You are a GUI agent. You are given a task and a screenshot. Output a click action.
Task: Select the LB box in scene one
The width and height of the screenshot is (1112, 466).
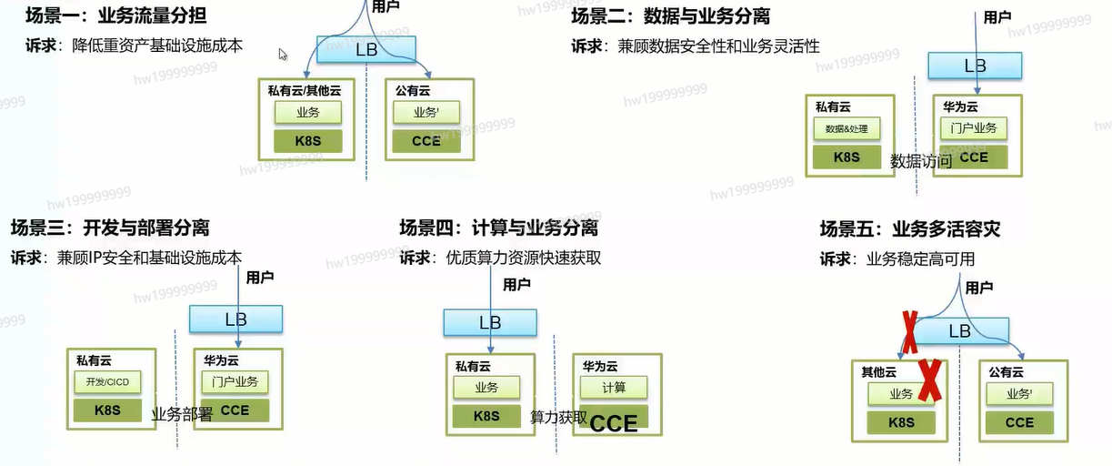366,49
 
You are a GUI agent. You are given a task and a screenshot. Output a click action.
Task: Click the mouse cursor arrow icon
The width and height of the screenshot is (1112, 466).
283,55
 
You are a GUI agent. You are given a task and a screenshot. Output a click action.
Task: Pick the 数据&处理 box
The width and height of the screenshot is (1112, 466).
846,129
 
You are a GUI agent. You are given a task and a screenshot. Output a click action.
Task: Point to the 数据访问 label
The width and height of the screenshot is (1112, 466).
921,162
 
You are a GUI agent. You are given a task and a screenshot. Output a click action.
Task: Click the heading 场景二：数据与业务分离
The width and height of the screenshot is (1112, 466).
671,16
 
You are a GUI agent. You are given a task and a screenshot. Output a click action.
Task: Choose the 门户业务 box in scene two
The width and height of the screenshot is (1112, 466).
974,128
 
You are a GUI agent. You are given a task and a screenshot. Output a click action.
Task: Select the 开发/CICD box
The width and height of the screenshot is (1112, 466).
107,382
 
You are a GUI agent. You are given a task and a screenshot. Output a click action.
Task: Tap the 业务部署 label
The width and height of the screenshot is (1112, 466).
182,414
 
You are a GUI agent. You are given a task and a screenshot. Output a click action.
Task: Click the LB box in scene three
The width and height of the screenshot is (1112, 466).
235,319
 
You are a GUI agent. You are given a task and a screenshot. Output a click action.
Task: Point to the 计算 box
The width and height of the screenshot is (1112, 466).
614,387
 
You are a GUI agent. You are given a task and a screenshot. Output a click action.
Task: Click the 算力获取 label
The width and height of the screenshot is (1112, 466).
558,418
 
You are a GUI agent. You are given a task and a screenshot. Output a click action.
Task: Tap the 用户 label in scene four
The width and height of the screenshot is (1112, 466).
516,285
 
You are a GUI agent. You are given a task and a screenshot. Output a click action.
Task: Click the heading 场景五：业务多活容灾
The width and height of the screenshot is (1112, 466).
909,229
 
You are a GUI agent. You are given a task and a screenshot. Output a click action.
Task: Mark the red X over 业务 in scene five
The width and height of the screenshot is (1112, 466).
928,380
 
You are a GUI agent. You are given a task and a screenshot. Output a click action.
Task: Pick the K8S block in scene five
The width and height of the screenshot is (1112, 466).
900,422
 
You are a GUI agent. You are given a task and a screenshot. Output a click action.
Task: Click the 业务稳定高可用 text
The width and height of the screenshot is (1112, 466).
920,259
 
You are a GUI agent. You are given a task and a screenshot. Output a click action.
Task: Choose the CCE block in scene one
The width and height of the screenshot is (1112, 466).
426,141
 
